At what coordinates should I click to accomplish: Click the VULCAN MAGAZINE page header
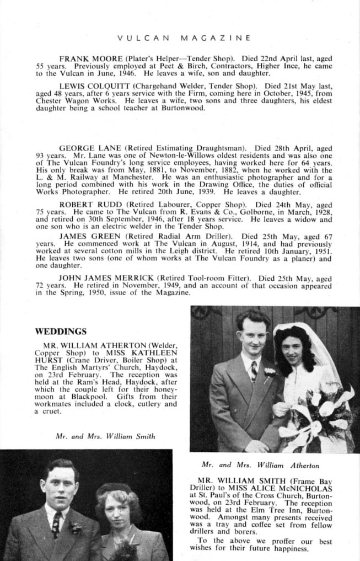(x=185, y=38)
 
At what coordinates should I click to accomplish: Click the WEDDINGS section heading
(x=61, y=332)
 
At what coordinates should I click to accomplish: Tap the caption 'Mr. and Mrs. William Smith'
(x=106, y=436)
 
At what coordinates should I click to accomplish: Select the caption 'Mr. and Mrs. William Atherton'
(x=260, y=465)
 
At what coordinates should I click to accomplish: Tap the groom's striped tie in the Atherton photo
(x=254, y=371)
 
